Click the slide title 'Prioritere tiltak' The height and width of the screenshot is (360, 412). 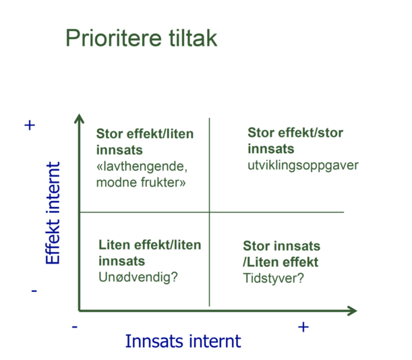(x=141, y=38)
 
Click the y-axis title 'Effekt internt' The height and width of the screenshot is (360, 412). (x=53, y=212)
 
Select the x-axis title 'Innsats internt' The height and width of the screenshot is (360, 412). (x=183, y=341)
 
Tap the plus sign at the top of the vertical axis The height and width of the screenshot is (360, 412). (x=30, y=125)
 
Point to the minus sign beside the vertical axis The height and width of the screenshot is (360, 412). (x=33, y=291)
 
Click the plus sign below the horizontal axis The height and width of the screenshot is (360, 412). (x=303, y=327)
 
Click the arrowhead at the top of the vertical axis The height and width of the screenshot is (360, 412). (x=79, y=120)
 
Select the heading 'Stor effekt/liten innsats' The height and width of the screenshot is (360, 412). (x=144, y=141)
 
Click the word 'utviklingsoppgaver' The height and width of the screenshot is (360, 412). (x=292, y=165)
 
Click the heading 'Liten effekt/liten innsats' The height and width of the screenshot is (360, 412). (x=149, y=252)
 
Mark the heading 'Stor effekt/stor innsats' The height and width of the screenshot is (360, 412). (x=295, y=140)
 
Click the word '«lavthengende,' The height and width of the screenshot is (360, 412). (x=142, y=167)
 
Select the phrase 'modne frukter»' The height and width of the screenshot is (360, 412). (x=141, y=182)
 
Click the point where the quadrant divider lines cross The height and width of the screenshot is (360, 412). (x=210, y=212)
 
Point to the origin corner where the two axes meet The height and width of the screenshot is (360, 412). (x=79, y=311)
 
